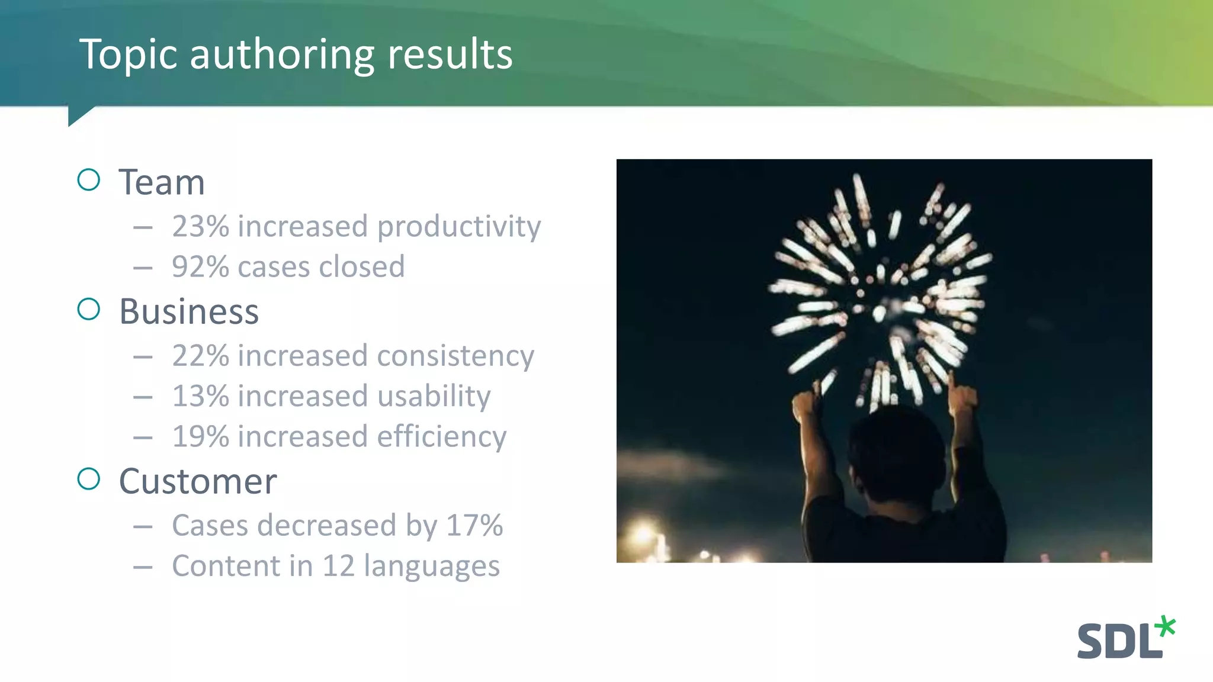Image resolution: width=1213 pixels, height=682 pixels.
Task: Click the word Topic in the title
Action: [128, 54]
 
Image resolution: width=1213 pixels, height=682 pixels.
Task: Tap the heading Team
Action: [162, 182]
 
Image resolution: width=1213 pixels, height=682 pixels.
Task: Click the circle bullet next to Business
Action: [89, 309]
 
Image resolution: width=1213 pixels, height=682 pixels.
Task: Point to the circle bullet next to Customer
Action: [89, 478]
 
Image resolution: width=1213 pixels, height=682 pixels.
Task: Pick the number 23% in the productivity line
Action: [200, 227]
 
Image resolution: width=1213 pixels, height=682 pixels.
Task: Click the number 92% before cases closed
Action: [200, 267]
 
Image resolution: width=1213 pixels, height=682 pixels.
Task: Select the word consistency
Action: [455, 356]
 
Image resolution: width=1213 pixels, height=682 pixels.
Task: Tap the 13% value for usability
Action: [200, 396]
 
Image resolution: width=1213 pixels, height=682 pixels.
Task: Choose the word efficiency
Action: [442, 437]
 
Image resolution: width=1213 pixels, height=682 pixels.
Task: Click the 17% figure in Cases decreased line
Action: [474, 526]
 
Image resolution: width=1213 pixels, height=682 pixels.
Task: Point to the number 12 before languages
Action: [338, 566]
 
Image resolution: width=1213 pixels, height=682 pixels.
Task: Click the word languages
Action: [432, 567]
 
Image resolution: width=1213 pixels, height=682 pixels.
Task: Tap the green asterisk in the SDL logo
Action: [1165, 627]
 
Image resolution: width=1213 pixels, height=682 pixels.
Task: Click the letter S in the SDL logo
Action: [1089, 641]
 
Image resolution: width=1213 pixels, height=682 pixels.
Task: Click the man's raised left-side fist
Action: [805, 406]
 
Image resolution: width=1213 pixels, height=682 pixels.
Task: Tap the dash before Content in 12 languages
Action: [143, 567]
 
